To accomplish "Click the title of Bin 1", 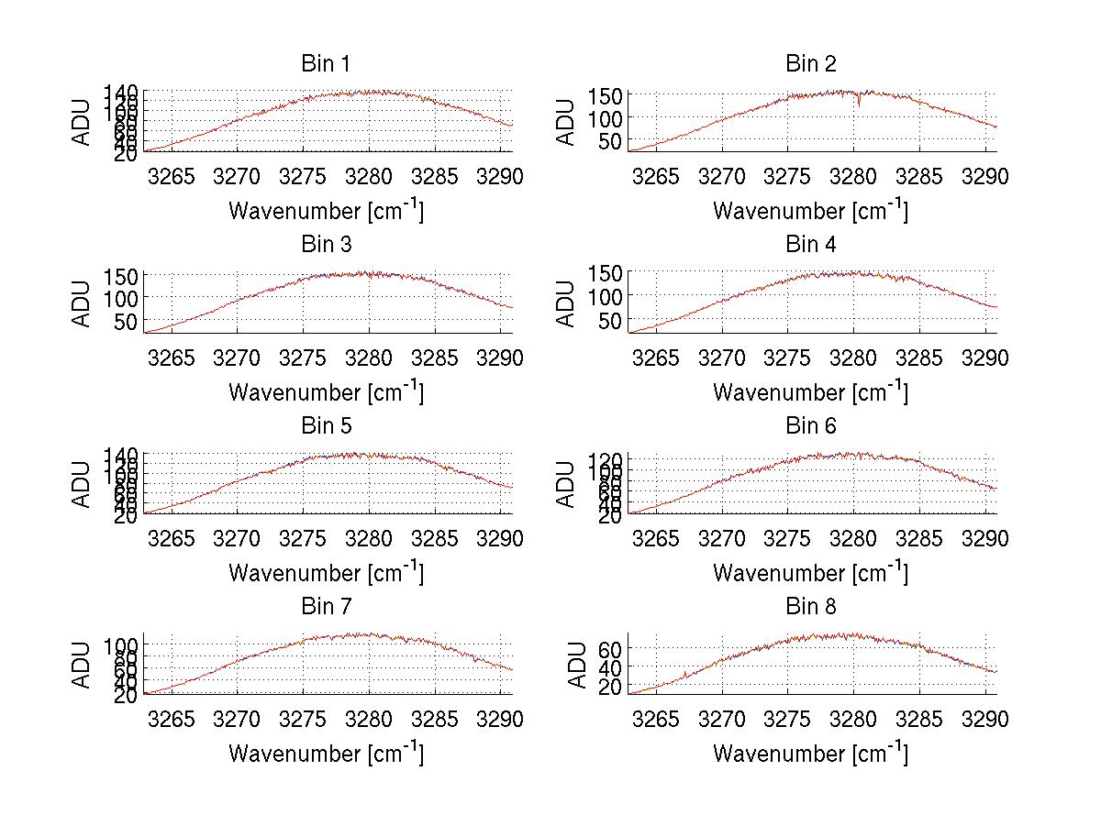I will (325, 64).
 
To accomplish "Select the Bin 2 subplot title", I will (810, 64).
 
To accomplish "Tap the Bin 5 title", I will (325, 426).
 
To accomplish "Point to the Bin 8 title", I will (810, 607).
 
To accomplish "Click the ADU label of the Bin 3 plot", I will (82, 303).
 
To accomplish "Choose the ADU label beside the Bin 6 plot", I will (566, 484).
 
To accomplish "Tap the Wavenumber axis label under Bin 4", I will (810, 391).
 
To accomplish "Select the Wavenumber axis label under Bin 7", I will (326, 754).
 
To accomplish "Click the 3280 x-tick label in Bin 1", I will (369, 176).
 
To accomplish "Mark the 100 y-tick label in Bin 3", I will (119, 298).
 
